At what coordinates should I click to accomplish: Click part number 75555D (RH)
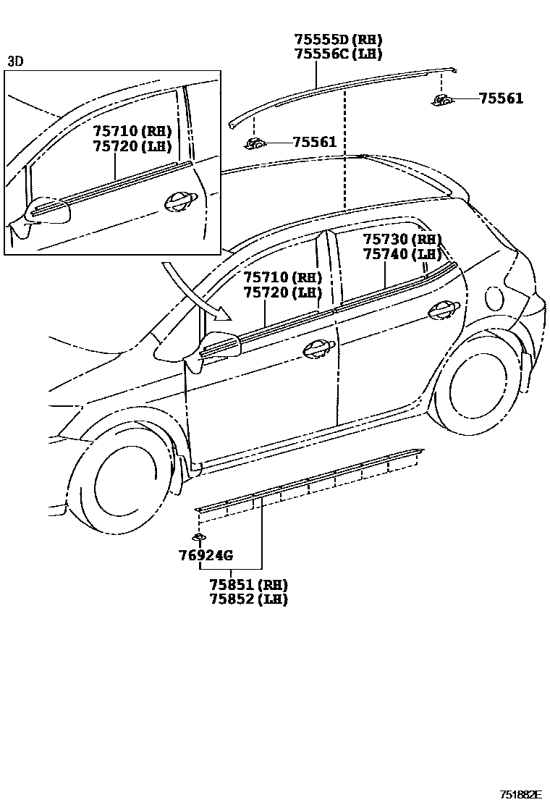(x=338, y=40)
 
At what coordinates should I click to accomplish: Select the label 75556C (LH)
(x=338, y=54)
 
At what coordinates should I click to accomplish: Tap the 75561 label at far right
(x=501, y=98)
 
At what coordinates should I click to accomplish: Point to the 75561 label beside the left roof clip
(x=315, y=142)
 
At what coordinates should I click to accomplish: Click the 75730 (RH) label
(x=402, y=240)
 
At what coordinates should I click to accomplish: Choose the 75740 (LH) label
(x=402, y=254)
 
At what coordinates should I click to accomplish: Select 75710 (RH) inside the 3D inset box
(x=132, y=131)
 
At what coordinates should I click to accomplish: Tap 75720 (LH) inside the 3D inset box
(x=132, y=146)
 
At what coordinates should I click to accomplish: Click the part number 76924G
(x=206, y=556)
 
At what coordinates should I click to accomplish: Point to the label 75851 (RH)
(x=248, y=585)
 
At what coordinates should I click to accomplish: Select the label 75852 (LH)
(x=248, y=599)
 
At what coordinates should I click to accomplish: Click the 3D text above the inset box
(x=15, y=62)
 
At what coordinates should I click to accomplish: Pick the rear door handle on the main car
(x=443, y=310)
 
